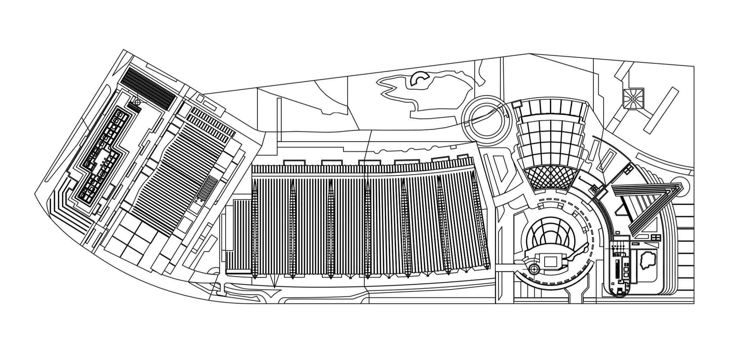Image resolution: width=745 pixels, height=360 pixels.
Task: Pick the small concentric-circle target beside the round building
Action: (534, 270)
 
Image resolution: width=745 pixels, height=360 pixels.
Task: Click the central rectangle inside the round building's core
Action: (551, 261)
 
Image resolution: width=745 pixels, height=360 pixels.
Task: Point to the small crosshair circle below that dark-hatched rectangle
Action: (137, 102)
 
